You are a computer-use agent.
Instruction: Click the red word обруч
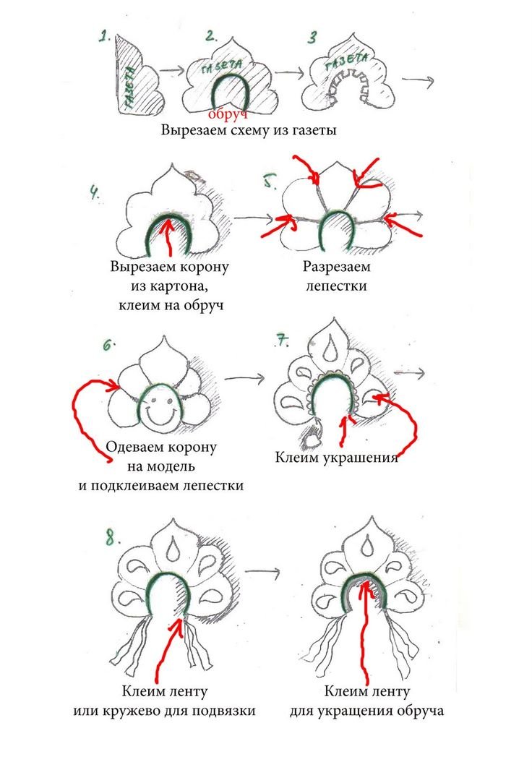(x=228, y=114)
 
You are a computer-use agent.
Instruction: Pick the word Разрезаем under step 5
(x=335, y=268)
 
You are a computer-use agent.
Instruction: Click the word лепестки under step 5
(x=335, y=286)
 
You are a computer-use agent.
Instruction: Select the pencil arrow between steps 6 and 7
(x=243, y=377)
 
